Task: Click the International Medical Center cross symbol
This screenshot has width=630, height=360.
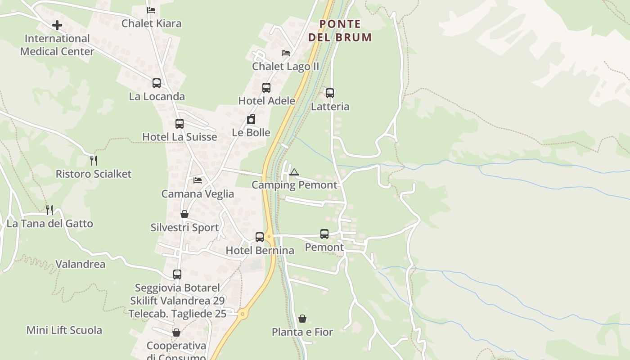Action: tap(57, 25)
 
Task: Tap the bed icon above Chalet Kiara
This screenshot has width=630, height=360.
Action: tap(151, 10)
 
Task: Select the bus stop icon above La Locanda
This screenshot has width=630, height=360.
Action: tap(157, 83)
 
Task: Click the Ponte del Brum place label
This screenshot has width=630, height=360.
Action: tap(340, 31)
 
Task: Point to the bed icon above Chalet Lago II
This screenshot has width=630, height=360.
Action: tap(286, 53)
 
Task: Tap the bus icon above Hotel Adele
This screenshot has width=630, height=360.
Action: tap(266, 88)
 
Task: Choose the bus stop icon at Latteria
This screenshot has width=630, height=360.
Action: tap(330, 93)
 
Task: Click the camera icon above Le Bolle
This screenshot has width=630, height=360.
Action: tap(251, 119)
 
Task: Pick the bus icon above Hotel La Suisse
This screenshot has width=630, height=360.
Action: tap(180, 124)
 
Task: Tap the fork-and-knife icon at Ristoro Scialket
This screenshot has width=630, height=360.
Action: tap(94, 160)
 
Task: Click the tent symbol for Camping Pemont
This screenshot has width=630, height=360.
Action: tap(294, 172)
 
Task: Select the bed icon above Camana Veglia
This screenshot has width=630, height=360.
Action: tap(198, 180)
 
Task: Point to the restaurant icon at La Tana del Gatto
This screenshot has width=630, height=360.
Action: tap(49, 210)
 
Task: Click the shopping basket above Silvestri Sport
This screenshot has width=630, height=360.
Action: tap(184, 214)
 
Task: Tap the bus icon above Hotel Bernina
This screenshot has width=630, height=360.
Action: tap(260, 237)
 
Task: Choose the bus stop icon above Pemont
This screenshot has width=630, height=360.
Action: tap(324, 234)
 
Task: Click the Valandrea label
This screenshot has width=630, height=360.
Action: tap(80, 264)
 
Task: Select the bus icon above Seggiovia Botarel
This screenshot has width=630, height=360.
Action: tap(177, 274)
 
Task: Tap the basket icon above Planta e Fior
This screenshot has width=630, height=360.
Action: tap(302, 319)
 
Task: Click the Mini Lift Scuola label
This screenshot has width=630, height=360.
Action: tap(64, 330)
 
